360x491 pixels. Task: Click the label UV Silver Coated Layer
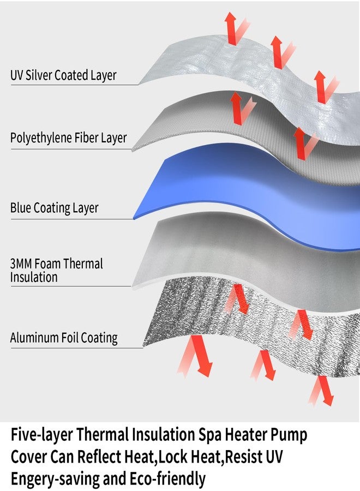click(x=63, y=75)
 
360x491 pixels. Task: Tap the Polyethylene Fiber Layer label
click(x=68, y=138)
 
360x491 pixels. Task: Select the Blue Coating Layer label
click(x=55, y=208)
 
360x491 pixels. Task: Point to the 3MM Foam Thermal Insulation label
click(x=56, y=270)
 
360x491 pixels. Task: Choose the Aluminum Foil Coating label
click(x=64, y=338)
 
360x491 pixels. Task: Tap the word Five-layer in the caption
click(x=41, y=435)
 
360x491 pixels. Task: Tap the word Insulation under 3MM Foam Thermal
click(x=34, y=277)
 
